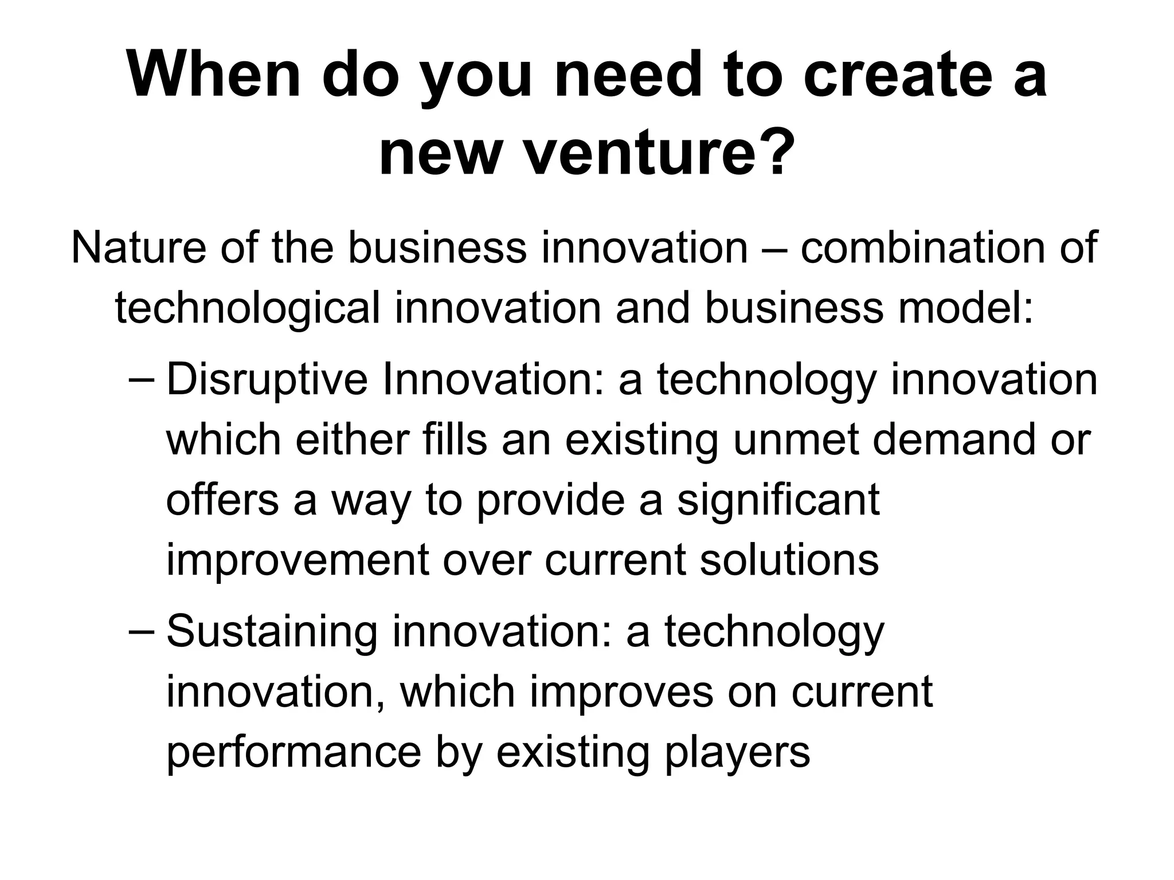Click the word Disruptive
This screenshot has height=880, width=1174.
coord(267,379)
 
